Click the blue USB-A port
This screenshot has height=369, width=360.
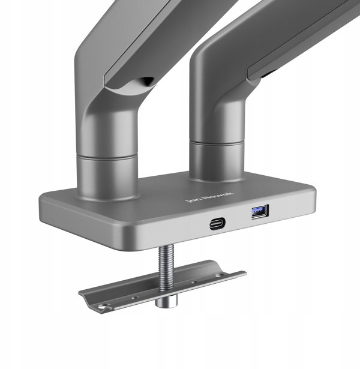[260, 212]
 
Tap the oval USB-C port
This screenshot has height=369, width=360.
[217, 223]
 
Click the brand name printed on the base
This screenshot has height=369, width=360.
[209, 197]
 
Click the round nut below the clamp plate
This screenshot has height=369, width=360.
[166, 301]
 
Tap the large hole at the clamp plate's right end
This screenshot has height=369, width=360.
[221, 275]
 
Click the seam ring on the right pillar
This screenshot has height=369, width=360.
[217, 143]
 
